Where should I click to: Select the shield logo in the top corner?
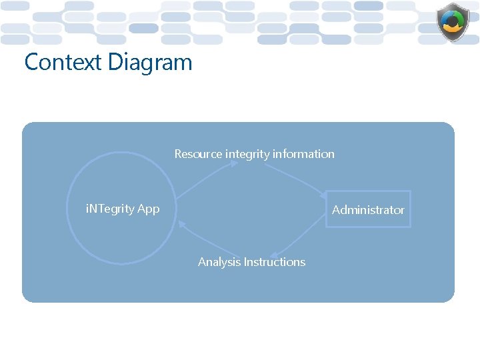[x=453, y=23]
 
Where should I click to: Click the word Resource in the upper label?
[x=198, y=154]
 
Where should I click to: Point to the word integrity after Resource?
[x=247, y=154]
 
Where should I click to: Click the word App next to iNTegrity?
[x=148, y=209]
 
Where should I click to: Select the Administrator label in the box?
[x=368, y=210]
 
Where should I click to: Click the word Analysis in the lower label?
[x=219, y=262]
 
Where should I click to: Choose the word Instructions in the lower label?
[x=275, y=262]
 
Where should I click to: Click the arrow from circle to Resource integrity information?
[x=203, y=181]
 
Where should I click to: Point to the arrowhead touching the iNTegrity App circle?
[x=182, y=225]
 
